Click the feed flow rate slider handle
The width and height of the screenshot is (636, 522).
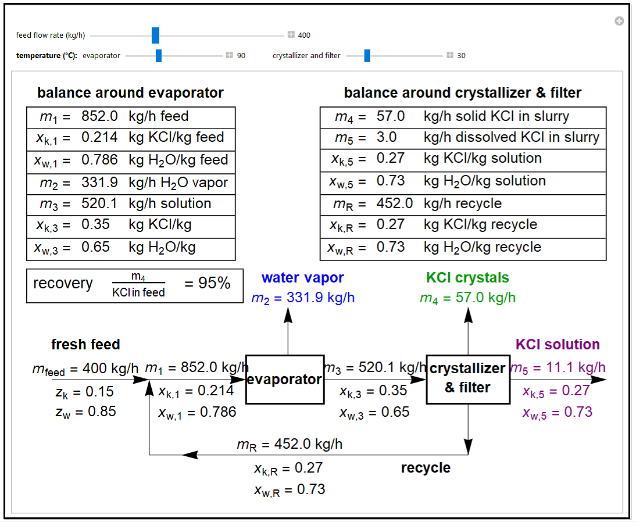[155, 35]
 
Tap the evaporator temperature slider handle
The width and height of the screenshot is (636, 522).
[159, 56]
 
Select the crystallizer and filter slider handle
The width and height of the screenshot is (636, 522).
[367, 56]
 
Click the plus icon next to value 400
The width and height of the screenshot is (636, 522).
[291, 35]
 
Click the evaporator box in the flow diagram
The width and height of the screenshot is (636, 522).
[284, 380]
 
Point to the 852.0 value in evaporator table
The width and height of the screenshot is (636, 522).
[99, 116]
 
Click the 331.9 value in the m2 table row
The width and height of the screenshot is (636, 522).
[99, 183]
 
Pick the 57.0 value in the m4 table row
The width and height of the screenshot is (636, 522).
[391, 116]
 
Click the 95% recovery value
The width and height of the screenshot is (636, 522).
[208, 284]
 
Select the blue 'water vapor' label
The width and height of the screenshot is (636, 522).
[302, 278]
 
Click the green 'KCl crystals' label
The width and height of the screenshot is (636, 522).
[467, 278]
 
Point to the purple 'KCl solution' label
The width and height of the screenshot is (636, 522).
[557, 344]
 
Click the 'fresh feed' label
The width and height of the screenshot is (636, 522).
[85, 344]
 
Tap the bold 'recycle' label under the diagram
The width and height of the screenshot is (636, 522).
[426, 468]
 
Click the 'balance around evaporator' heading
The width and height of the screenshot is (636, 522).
[130, 93]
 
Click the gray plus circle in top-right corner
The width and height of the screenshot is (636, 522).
[619, 21]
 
